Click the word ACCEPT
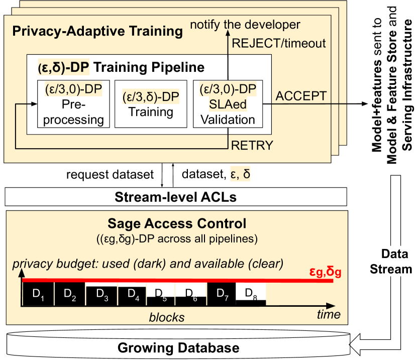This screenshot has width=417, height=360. click(301, 95)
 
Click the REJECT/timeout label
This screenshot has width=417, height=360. click(278, 44)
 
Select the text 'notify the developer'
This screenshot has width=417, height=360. click(246, 24)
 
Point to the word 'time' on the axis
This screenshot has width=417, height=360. click(329, 314)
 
